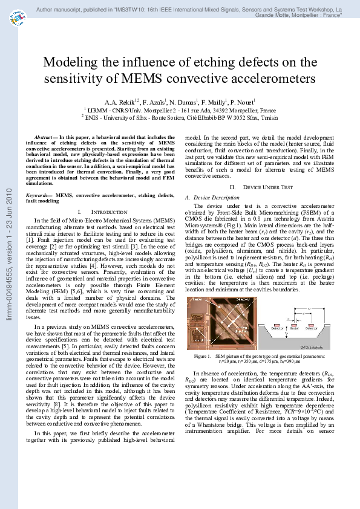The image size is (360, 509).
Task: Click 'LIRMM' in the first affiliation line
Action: click(97, 111)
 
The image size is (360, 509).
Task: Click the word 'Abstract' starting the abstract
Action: click(46, 137)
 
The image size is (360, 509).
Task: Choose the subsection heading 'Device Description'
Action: click(212, 197)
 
